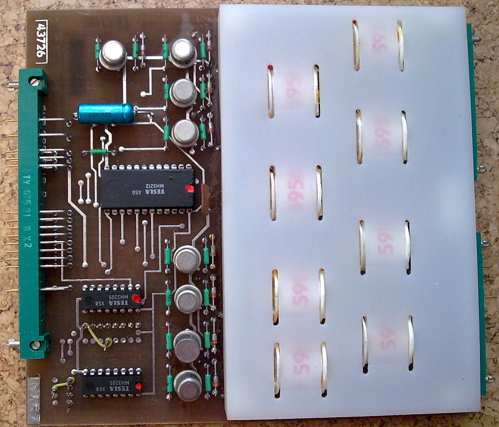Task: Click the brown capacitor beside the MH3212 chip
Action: pos(205,199)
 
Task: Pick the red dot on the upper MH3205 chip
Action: pos(137,299)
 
